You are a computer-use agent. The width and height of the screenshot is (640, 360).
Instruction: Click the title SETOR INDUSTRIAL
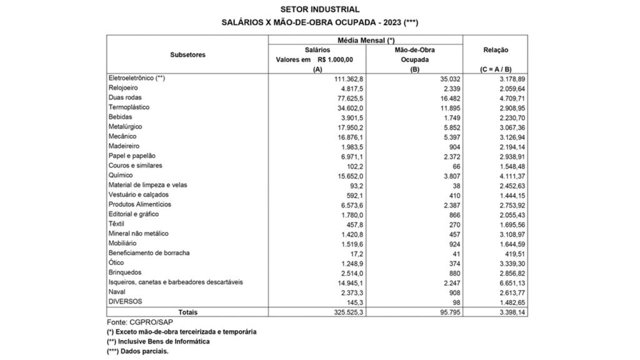[320, 9]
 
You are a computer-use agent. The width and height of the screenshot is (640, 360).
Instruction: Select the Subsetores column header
[187, 54]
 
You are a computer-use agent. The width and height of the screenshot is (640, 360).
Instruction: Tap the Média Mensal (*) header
[365, 39]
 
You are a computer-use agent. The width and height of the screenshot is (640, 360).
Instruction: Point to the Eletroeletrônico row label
[136, 78]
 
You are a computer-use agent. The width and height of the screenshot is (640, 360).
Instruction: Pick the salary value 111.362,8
[340, 78]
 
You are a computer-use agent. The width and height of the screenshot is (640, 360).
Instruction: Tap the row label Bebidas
[119, 117]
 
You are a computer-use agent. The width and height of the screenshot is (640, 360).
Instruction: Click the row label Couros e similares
[135, 166]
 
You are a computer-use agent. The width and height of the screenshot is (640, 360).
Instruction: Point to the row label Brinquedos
[125, 272]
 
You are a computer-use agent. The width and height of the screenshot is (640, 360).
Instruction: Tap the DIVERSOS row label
[126, 301]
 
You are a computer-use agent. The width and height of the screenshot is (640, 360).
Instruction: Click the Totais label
[187, 311]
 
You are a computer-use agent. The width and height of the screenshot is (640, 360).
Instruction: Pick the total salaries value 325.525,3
[340, 311]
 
